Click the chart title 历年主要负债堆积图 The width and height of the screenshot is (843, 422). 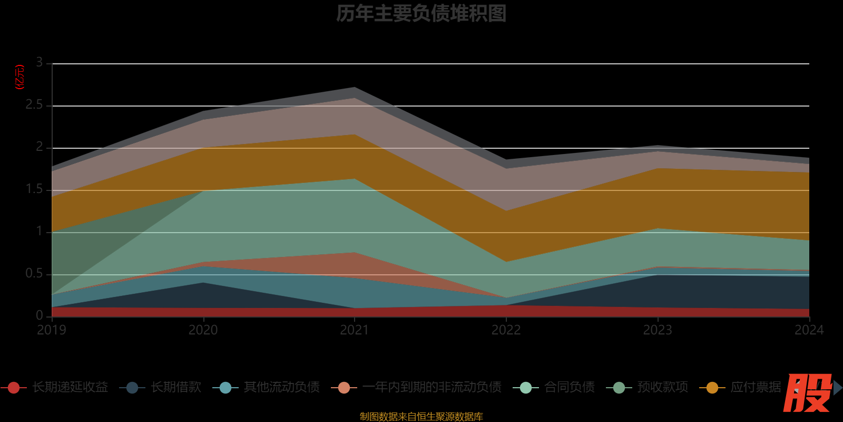[421, 14]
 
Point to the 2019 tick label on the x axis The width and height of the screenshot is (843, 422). [52, 330]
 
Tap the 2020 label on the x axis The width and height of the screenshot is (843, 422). [203, 330]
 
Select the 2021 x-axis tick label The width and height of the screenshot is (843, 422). [355, 330]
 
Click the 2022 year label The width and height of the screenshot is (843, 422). [506, 330]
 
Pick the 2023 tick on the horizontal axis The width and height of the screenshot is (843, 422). [658, 330]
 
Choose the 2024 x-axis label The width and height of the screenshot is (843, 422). [809, 330]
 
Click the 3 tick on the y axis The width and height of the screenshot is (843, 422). [40, 63]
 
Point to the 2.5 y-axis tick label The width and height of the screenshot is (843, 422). [34, 105]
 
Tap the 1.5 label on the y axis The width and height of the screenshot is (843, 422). [34, 189]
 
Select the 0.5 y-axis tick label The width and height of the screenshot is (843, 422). [34, 274]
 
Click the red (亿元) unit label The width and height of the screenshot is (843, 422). [19, 77]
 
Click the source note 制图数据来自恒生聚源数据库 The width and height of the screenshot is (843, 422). [421, 417]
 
